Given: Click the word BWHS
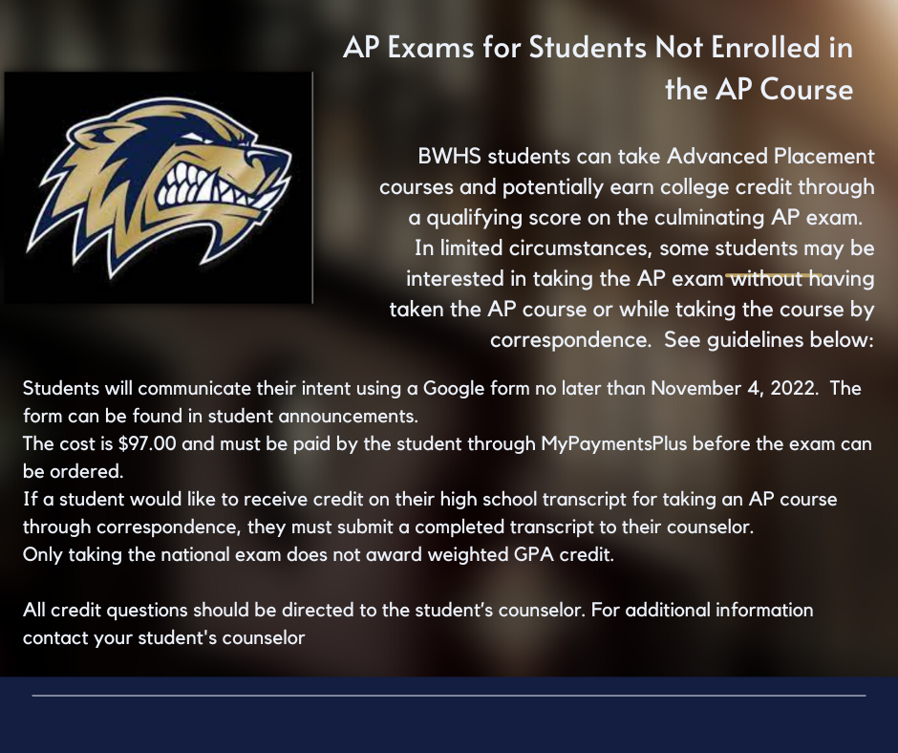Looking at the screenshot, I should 448,156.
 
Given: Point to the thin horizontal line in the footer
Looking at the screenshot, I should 449,696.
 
